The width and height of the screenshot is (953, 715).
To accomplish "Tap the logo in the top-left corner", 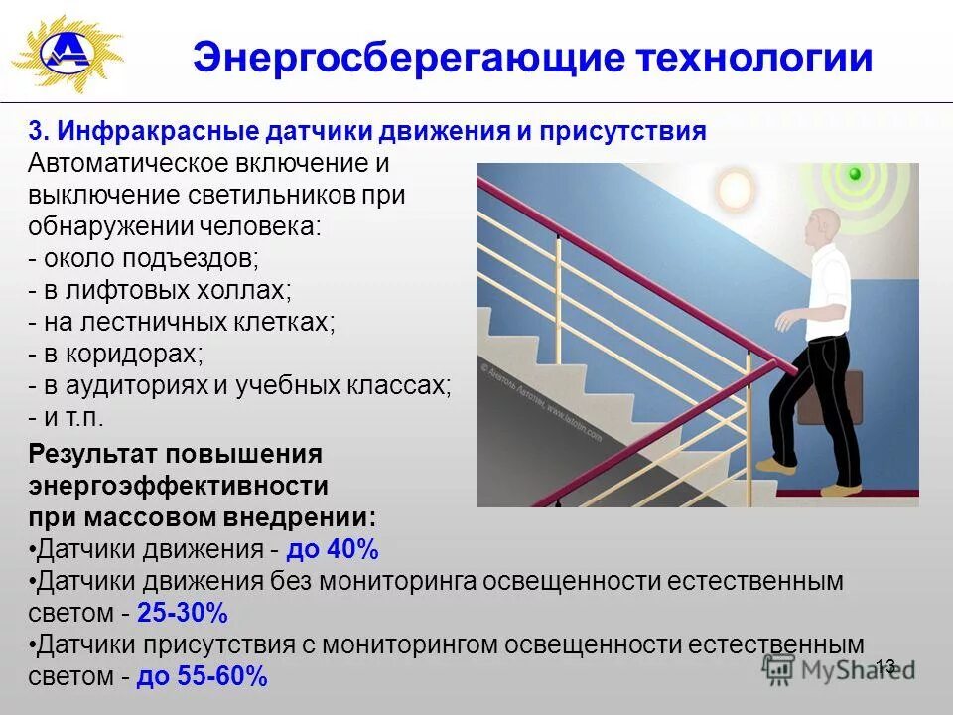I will (67, 53).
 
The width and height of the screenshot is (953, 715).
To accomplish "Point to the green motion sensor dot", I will (853, 175).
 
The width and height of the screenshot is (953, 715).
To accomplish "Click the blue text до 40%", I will (334, 550).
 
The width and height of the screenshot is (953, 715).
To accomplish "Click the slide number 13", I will (885, 666).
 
